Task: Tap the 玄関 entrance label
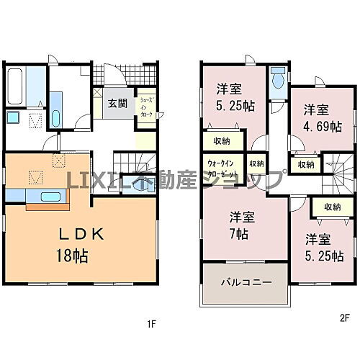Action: (118, 103)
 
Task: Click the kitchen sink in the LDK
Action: (50, 196)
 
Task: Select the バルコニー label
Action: (246, 282)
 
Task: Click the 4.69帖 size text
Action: (322, 125)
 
